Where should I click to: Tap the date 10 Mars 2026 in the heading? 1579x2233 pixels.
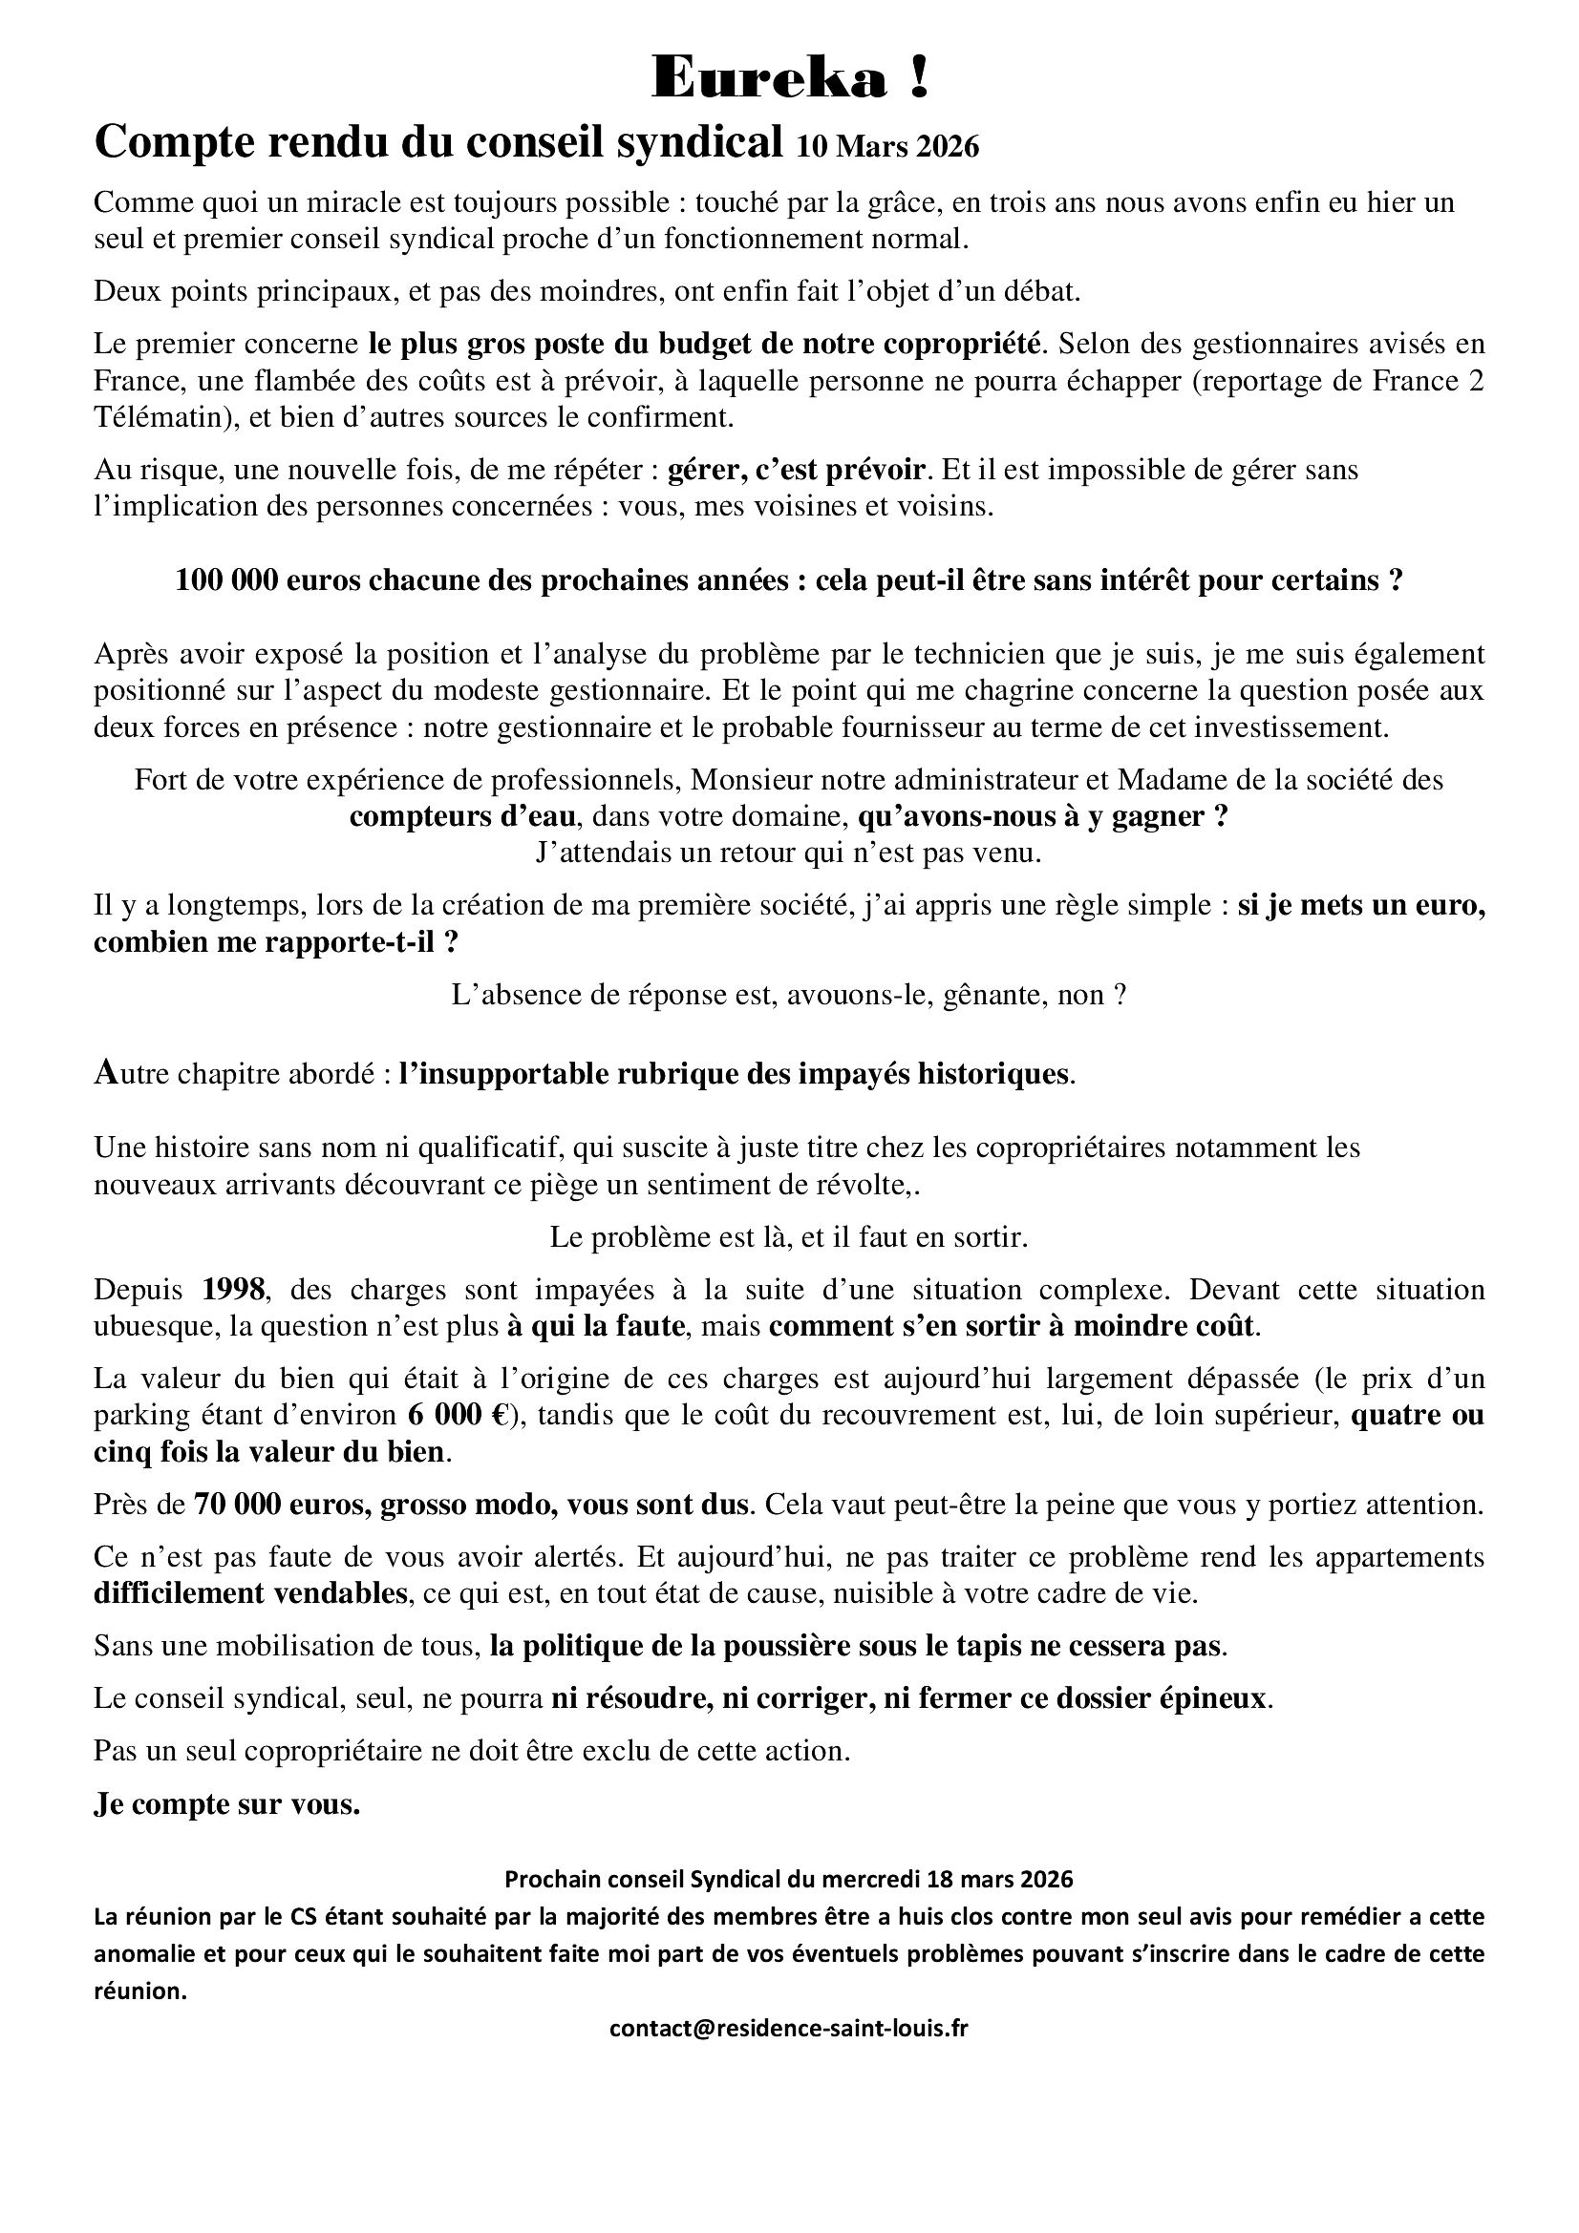(x=887, y=147)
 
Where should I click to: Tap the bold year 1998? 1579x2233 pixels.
(x=233, y=1290)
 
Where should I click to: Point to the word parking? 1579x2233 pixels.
(x=131, y=1416)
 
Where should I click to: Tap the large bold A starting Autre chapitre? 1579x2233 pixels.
(x=104, y=1074)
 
